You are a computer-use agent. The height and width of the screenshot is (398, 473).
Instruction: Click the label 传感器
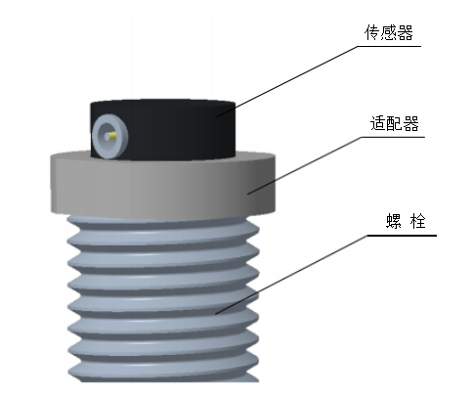(389, 33)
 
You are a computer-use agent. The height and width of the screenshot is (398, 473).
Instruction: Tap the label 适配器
(394, 123)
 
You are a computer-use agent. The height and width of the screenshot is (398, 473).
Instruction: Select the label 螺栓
(406, 221)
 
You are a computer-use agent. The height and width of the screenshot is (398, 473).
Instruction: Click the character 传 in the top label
(372, 33)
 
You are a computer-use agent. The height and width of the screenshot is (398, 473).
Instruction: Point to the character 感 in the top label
(389, 33)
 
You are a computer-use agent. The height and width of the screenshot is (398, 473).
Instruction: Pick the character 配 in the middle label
(395, 123)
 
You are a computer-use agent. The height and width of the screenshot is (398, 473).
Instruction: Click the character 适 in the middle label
(378, 123)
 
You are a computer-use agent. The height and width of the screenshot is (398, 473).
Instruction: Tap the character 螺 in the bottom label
(394, 221)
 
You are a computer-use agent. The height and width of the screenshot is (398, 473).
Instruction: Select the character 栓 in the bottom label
(418, 221)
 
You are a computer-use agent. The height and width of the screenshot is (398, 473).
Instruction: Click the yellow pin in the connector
(112, 136)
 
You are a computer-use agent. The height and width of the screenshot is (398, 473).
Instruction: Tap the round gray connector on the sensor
(109, 136)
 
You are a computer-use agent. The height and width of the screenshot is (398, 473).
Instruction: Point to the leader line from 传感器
(286, 81)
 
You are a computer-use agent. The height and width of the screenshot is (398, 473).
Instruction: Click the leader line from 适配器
(305, 165)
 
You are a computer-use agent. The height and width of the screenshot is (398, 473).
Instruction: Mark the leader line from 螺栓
(291, 275)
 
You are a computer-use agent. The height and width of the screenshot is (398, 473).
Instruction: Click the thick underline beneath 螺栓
(402, 236)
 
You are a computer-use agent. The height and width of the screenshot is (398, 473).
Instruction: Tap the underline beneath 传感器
(390, 46)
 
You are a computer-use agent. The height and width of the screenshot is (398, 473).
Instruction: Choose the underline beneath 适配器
(394, 137)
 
